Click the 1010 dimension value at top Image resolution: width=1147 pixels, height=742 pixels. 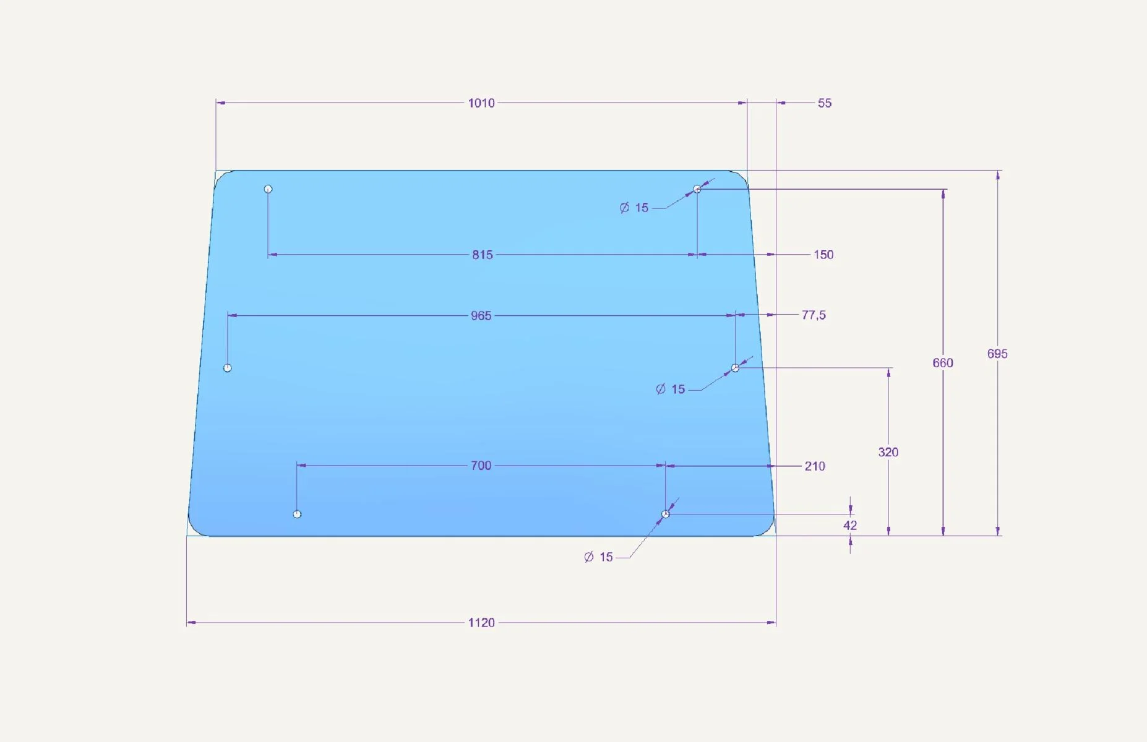coord(481,103)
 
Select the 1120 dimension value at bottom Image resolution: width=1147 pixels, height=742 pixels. coord(481,623)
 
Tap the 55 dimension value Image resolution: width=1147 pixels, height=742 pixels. coord(825,103)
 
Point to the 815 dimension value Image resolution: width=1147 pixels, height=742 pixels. coord(483,255)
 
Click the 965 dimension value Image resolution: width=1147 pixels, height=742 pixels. coord(481,316)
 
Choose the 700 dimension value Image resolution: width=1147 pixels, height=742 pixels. coord(481,466)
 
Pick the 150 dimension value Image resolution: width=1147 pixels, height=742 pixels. coord(823,255)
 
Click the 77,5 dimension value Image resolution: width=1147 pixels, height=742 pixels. coord(814,315)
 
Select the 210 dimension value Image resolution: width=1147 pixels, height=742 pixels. coord(815,466)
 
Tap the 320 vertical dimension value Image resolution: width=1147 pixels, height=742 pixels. coord(888,452)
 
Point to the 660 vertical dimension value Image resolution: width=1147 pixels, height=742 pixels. coord(943,363)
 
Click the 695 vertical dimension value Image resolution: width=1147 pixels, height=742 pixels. coord(997,354)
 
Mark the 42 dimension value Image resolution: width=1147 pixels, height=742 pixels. coord(850,526)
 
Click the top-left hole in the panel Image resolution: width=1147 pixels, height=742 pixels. coord(268,189)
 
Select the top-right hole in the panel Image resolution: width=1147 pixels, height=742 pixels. coord(697,189)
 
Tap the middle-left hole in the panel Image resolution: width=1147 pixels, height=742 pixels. coord(227,368)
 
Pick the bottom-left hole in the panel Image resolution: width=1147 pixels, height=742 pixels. coord(297,514)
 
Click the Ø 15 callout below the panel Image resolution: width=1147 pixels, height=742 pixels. coord(598,557)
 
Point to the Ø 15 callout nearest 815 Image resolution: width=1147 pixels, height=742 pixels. coord(634,208)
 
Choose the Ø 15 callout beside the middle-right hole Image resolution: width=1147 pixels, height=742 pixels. coord(671,389)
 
